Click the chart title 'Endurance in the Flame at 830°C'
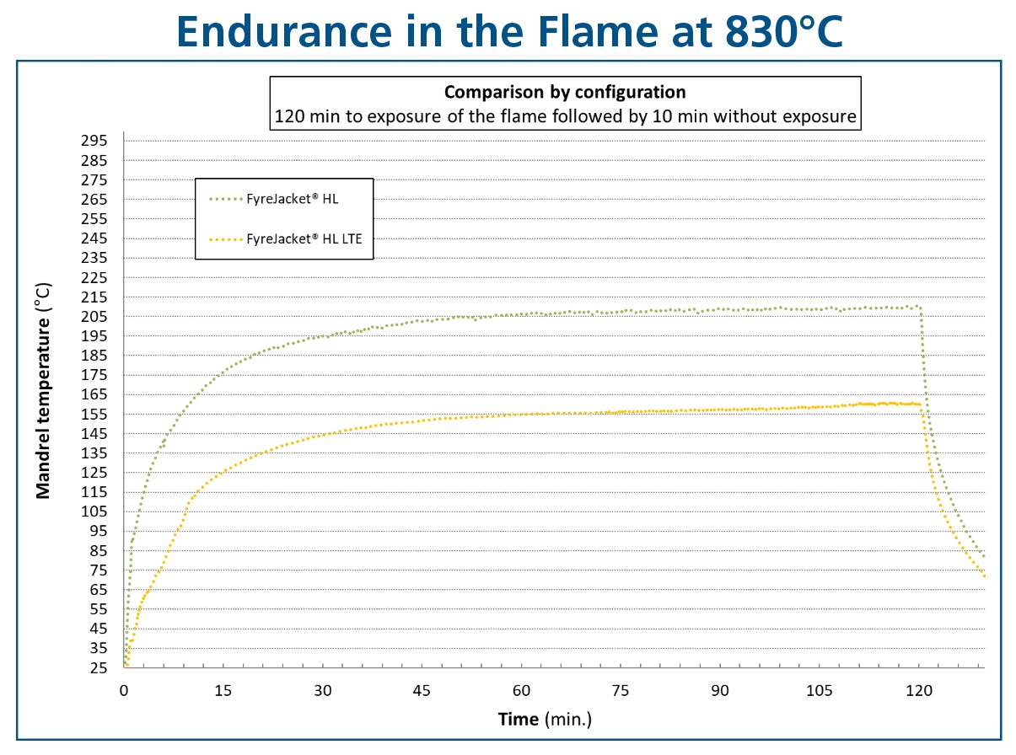coord(509,31)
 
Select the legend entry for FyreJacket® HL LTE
coord(285,238)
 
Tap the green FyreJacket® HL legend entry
coord(273,199)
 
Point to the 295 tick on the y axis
coord(94,141)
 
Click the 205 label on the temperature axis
coord(94,316)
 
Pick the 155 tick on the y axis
coord(94,414)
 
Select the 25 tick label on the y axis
coord(99,668)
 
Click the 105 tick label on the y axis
coord(94,511)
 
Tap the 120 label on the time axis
coord(918,690)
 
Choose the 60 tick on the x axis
coord(521,690)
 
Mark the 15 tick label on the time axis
coord(223,690)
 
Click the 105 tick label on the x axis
coord(819,690)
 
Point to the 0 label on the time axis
coord(124,690)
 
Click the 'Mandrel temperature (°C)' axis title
coord(43,390)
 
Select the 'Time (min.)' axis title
coord(545,720)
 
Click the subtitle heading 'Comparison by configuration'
coord(565,93)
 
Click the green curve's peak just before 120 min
coord(917,306)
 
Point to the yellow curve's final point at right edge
coord(984,576)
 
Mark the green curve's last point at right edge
coord(984,556)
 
